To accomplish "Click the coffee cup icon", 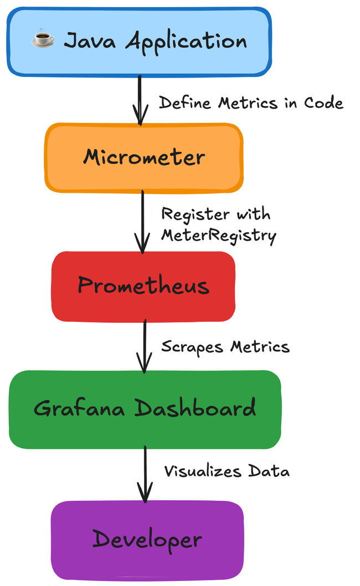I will pyautogui.click(x=43, y=40).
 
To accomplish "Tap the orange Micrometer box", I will pyautogui.click(x=143, y=157).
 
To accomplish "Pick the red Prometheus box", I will pyautogui.click(x=143, y=286).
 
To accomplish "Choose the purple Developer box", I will pyautogui.click(x=147, y=539).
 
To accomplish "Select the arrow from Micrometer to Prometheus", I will pyautogui.click(x=142, y=222).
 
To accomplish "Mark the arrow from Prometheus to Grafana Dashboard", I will pyautogui.click(x=145, y=346).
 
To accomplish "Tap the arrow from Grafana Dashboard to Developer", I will pyautogui.click(x=145, y=474).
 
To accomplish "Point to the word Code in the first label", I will pyautogui.click(x=323, y=103).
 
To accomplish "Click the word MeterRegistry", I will pyautogui.click(x=218, y=235).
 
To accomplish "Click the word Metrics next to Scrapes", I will pyautogui.click(x=260, y=347).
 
